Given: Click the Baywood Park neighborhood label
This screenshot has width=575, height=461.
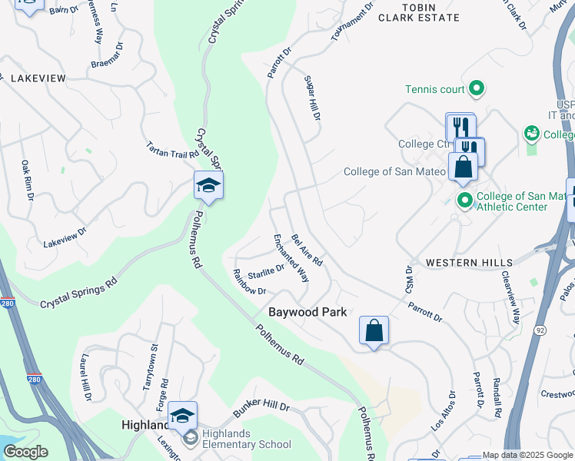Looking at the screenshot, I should pos(307,312).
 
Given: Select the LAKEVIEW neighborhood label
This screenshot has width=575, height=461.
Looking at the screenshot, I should pos(38,78).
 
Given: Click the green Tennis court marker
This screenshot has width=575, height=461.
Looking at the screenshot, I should pos(476,89).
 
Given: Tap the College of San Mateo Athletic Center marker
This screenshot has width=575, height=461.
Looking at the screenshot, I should pos(464,201).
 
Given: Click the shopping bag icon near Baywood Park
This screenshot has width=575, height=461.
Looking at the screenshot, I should pos(374,331).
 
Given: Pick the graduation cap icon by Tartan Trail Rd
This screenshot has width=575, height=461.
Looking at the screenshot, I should pos(208,185).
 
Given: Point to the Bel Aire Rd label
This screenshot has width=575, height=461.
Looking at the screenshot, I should pos(307,250).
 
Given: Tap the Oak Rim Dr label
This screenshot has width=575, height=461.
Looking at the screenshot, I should pos(27,180).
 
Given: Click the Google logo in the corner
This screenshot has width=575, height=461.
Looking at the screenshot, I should pos(25,452).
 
